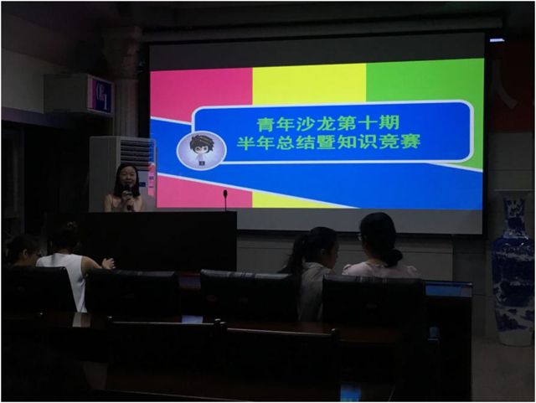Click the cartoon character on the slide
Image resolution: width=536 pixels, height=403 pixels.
coord(201,151)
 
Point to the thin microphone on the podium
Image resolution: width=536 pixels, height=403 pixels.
coord(225,200)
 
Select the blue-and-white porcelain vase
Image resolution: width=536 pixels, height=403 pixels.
coord(513,267)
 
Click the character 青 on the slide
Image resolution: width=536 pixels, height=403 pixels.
coord(266,124)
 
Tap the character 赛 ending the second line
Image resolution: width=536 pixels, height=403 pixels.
coord(410,142)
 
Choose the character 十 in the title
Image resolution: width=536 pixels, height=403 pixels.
coord(368,123)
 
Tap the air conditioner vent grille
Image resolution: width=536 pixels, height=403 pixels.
coord(136,152)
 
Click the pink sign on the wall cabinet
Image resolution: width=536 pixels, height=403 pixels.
coord(101,94)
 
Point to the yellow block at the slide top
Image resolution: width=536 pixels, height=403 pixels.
coord(309,83)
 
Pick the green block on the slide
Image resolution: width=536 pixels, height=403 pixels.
coord(425,80)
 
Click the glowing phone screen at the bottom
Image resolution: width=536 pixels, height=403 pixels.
coord(350,392)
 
